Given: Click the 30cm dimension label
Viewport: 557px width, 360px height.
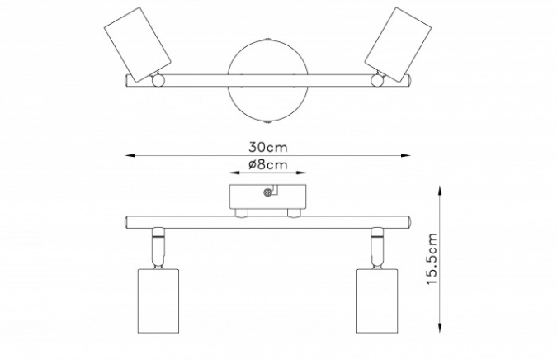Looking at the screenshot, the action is pos(267,147).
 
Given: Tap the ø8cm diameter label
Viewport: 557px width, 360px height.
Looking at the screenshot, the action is pos(267,165).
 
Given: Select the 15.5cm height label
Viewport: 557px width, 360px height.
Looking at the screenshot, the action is pos(431,258).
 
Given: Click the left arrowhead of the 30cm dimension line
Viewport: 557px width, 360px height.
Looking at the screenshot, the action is pos(130,156).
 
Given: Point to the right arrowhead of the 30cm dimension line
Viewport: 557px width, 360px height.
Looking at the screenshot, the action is pos(405,155).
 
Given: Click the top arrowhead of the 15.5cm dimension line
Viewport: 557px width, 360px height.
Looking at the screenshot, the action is pos(440,191).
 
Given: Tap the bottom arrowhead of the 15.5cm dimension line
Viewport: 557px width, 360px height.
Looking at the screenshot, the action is pos(440,328).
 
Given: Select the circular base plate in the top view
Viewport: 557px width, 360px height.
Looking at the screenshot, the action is pos(267,81).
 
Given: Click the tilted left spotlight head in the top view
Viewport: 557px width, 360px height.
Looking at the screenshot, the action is pos(138,44).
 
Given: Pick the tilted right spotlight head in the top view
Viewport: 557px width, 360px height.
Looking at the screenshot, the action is pos(398,44).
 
